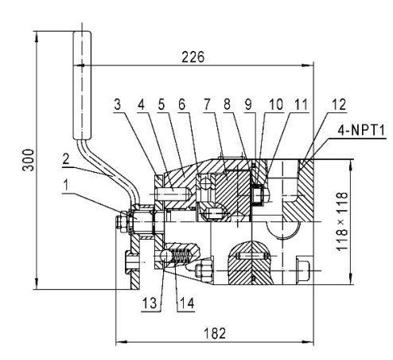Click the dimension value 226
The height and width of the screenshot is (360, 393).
tap(193, 57)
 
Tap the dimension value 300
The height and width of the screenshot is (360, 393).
tap(28, 160)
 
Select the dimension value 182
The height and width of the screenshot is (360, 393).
tap(215, 334)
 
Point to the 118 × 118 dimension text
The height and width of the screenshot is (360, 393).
tap(342, 221)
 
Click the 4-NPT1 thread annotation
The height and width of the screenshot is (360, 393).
tap(361, 131)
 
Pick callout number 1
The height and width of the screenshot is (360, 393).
tap(66, 185)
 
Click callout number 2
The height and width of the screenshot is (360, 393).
tap(66, 159)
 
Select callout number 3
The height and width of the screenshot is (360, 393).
tap(117, 104)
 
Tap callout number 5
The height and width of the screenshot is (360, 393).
tap(161, 104)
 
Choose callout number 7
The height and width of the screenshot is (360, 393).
tap(207, 104)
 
